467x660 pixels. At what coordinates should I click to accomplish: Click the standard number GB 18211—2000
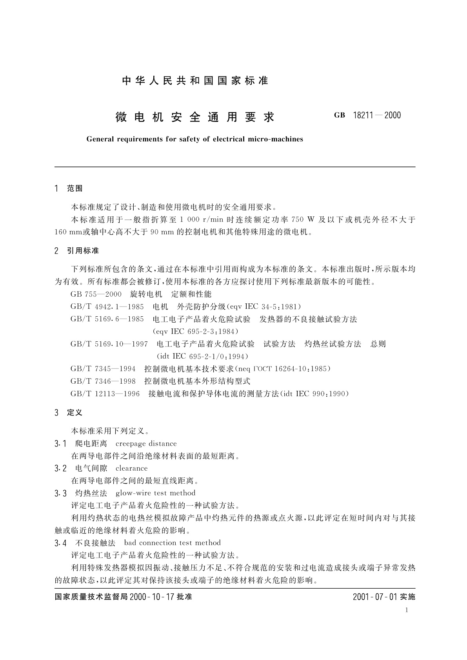point(367,115)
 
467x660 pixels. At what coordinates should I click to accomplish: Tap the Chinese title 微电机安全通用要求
point(195,117)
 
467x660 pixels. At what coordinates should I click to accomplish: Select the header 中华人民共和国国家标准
point(195,81)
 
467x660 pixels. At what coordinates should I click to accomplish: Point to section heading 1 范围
point(69,189)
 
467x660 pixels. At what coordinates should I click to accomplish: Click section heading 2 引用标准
point(77,251)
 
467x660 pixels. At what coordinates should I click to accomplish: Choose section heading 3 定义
point(69,413)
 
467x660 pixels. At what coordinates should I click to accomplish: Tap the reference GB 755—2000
point(96,294)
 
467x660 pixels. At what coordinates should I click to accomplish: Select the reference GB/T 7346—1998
point(103,381)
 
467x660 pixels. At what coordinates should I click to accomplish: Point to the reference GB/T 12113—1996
point(105,393)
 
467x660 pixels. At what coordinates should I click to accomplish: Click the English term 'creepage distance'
point(146,444)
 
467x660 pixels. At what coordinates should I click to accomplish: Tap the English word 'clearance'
point(132,468)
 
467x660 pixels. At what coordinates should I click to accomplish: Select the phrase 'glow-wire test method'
point(155,493)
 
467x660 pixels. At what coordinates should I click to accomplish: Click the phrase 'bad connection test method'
point(172,543)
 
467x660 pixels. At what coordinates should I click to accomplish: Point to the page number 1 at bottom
point(407,610)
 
